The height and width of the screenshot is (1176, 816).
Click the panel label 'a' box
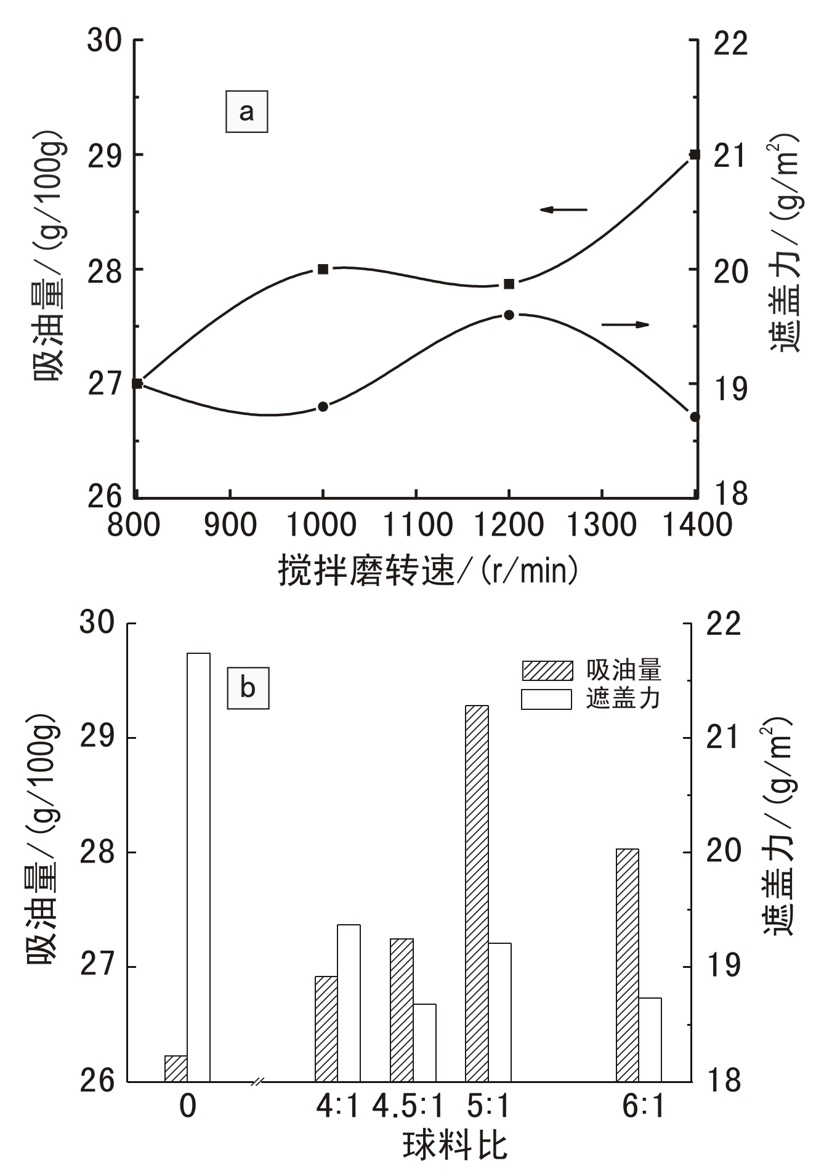click(246, 112)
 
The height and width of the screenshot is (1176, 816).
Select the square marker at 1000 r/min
click(323, 269)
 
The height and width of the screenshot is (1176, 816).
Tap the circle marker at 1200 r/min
click(509, 315)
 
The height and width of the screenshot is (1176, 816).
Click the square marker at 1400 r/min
click(694, 155)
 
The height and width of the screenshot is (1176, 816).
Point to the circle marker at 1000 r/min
click(323, 406)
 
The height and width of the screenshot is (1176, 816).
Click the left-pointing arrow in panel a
click(563, 210)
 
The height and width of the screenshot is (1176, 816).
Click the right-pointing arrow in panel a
click(626, 324)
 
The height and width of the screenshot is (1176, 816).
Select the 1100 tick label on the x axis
click(417, 525)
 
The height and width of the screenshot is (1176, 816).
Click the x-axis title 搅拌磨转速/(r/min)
click(428, 570)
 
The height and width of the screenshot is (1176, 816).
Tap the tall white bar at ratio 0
click(198, 862)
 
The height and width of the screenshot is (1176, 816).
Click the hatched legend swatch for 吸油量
click(547, 671)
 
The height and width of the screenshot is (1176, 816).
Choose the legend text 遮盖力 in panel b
click(623, 698)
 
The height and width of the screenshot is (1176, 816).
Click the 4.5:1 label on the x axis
click(408, 1106)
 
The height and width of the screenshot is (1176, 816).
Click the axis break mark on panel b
click(259, 1081)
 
